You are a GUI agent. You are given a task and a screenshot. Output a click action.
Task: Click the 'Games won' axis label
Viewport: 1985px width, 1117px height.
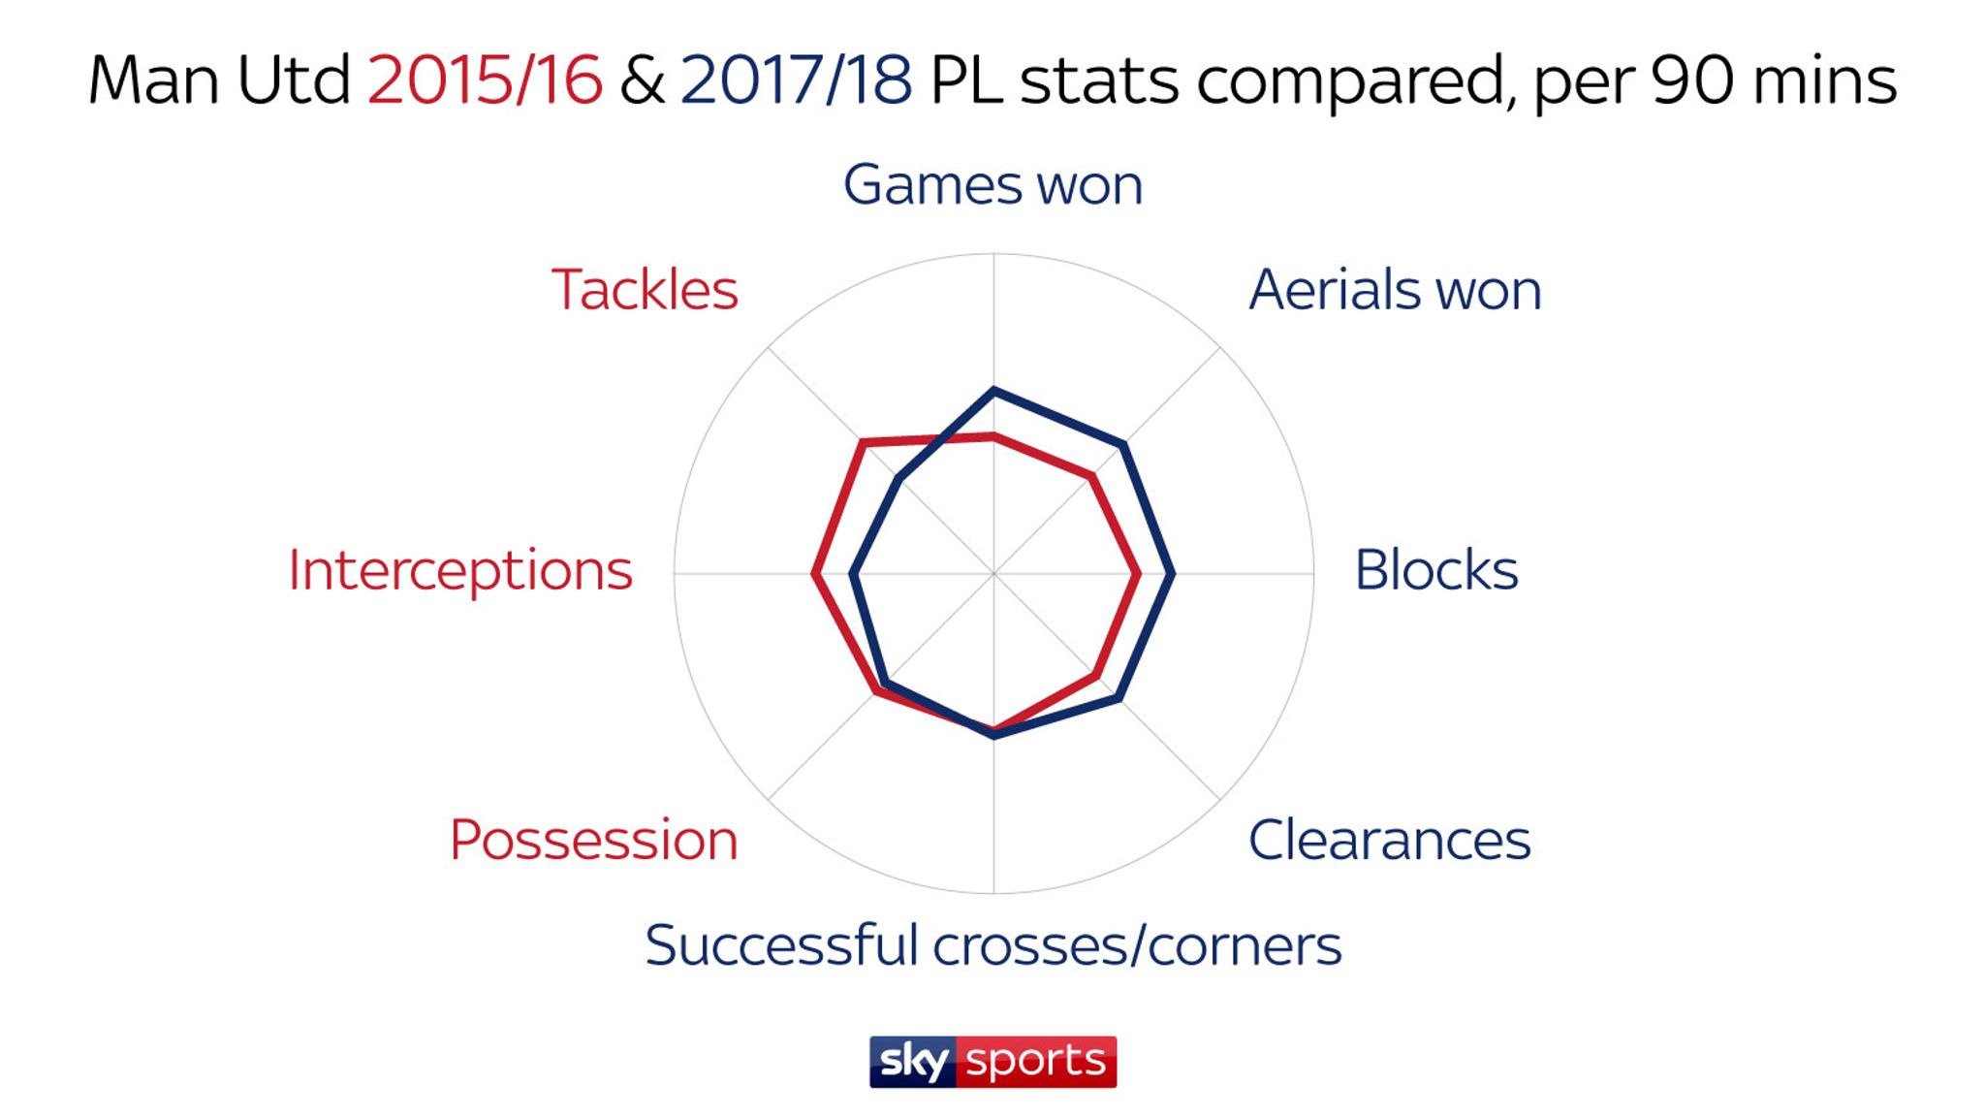coord(992,184)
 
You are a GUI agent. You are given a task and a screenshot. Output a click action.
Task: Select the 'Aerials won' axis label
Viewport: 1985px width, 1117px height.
coord(1395,290)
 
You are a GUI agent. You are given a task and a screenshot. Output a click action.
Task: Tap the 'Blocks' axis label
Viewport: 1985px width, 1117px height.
coord(1435,570)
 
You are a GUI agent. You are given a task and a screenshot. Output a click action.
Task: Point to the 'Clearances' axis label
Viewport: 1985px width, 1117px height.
coord(1389,840)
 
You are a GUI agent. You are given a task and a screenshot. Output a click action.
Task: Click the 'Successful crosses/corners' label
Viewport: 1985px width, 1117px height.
coord(992,945)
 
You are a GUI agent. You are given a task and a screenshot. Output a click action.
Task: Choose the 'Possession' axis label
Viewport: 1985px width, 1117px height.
coord(593,840)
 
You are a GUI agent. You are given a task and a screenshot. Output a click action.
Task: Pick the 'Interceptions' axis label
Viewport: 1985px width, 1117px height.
coord(460,570)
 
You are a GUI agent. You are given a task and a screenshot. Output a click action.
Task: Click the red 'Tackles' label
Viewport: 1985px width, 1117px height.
coord(645,290)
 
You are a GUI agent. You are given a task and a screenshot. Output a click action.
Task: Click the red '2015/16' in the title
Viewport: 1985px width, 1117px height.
coord(485,80)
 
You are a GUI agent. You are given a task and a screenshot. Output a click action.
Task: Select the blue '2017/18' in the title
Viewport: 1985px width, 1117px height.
coord(796,80)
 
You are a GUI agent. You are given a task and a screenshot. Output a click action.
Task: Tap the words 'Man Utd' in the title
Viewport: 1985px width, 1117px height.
coord(219,80)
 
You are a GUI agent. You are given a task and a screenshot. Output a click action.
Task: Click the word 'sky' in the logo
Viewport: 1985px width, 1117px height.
coord(913,1062)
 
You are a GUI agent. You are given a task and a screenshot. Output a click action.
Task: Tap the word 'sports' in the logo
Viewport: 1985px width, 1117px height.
coord(1036,1062)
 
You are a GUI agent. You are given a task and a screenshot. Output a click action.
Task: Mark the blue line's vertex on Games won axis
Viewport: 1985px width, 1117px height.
coord(993,390)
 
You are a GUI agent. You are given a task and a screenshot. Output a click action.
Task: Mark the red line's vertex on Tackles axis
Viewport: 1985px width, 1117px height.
coord(862,442)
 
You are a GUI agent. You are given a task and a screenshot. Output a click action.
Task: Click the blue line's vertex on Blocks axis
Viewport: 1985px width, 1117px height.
coord(1173,574)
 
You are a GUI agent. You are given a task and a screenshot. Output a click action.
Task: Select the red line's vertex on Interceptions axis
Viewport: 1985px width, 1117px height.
coord(814,574)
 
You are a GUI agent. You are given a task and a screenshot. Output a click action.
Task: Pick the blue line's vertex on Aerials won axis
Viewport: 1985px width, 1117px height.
coord(1123,444)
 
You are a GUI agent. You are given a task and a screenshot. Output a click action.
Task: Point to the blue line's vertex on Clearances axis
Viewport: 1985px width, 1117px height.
coord(1119,698)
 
